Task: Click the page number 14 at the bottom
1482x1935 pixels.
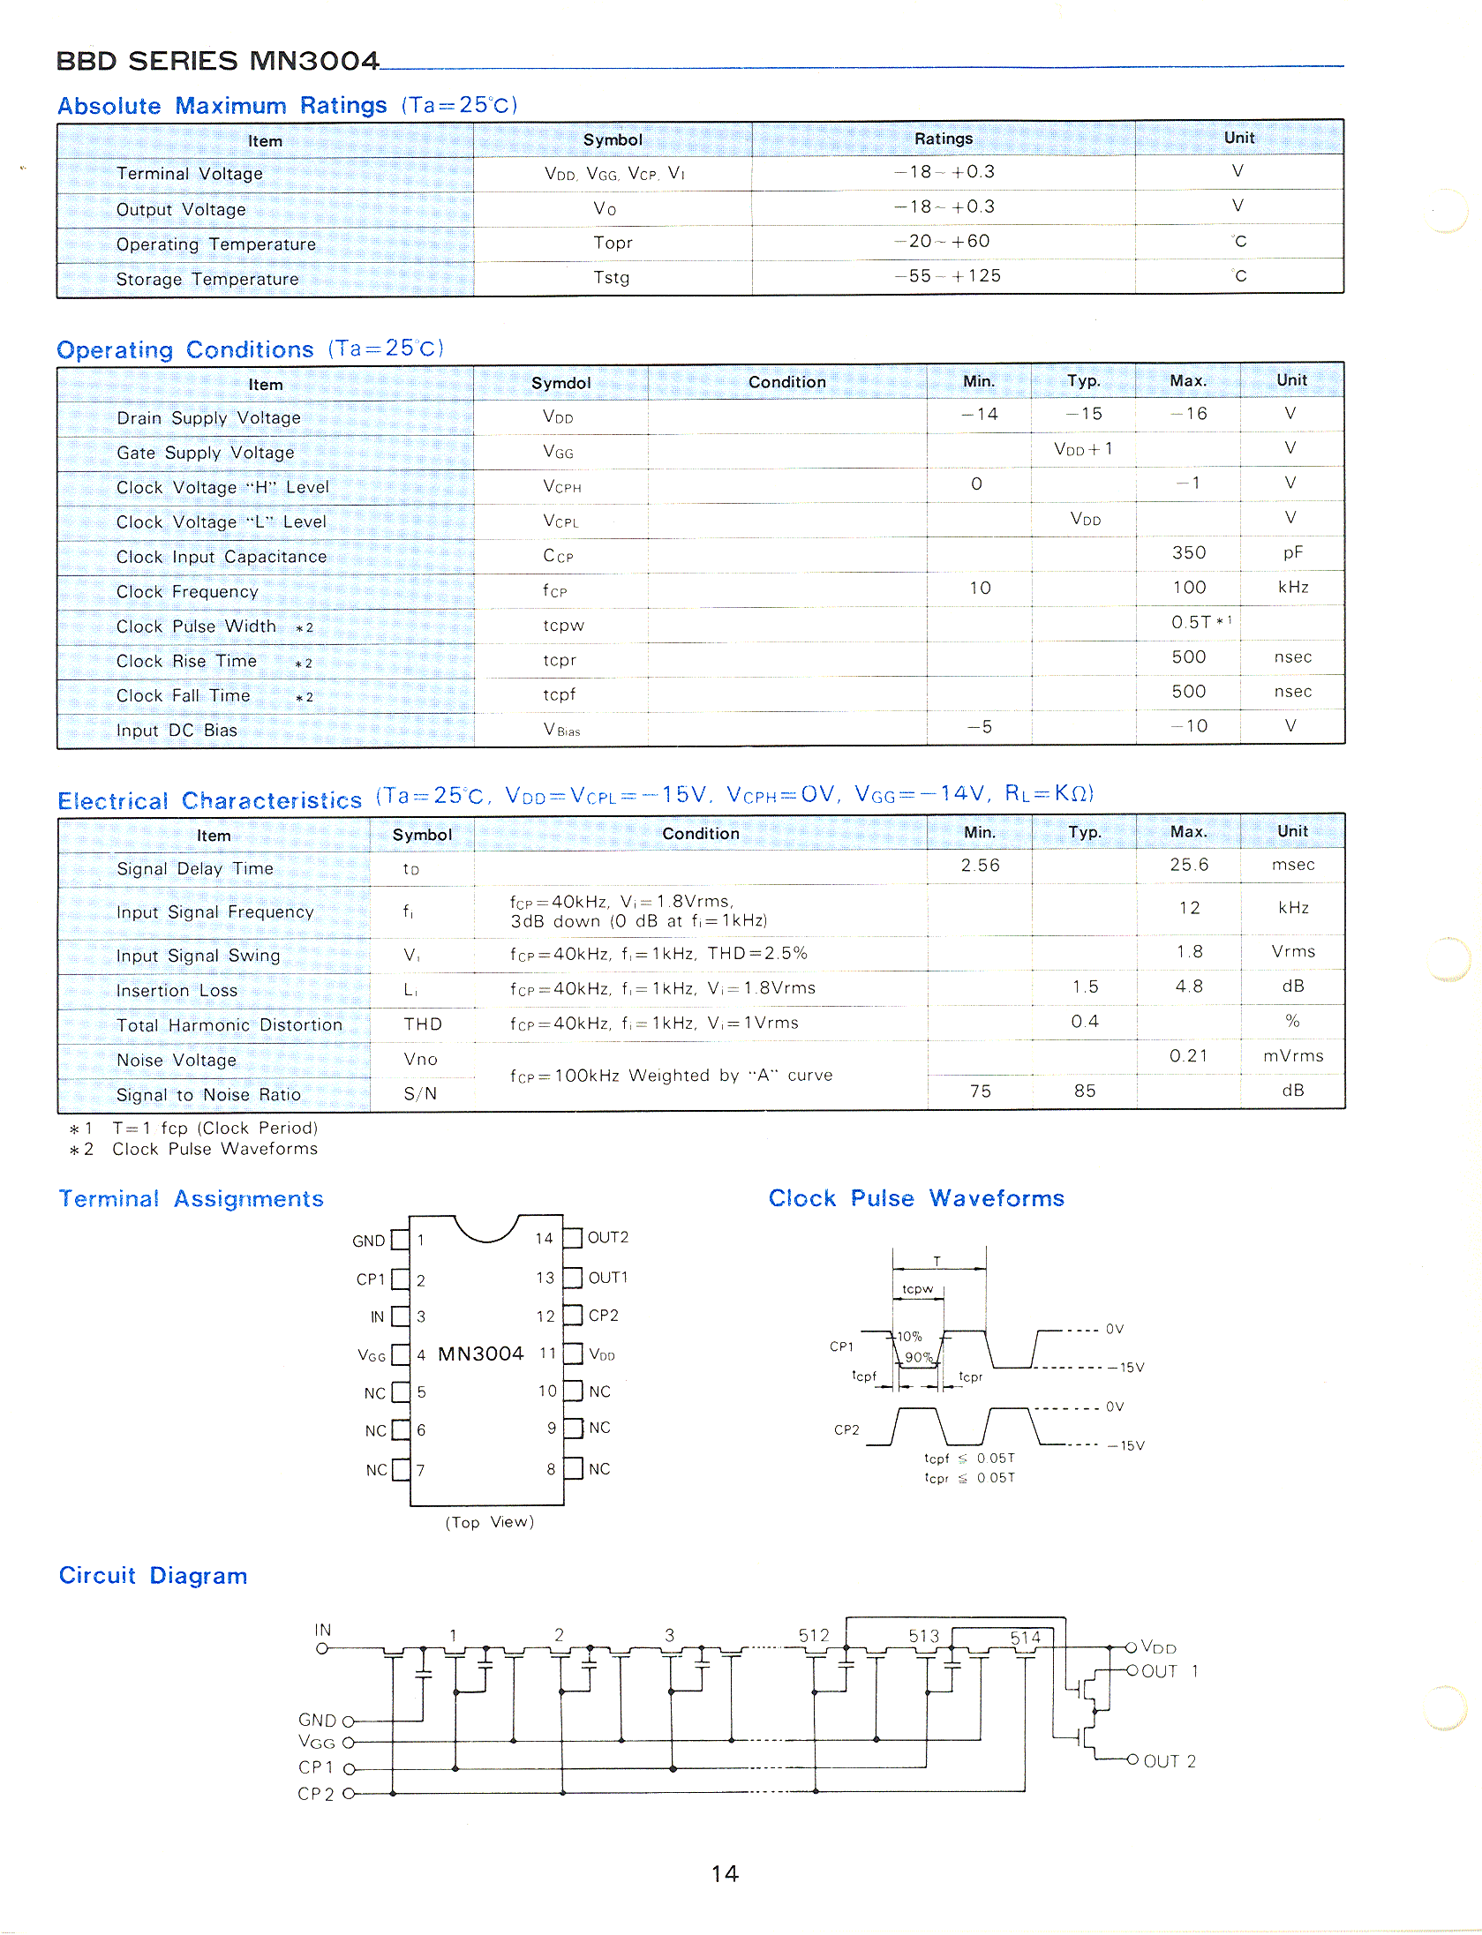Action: pos(725,1873)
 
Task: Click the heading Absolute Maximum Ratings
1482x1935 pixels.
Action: pos(222,106)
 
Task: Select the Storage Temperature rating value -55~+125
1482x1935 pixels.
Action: pos(947,276)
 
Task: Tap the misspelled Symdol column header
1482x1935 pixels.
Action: pos(560,383)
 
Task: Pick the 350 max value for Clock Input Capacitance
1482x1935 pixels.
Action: pos(1188,553)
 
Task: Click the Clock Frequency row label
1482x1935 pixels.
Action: pos(187,592)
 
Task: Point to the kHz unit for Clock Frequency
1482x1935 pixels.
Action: pos(1292,588)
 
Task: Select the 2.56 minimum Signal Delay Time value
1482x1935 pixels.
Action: pos(980,866)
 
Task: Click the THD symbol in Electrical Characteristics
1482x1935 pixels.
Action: pos(422,1024)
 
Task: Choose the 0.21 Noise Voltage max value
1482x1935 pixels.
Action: pos(1188,1056)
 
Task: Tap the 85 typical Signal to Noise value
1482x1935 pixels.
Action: pos(1084,1091)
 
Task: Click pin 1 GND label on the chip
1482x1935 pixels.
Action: pos(368,1241)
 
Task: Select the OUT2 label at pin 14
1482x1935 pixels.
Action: pos(607,1238)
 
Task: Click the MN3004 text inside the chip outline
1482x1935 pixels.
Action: pos(480,1354)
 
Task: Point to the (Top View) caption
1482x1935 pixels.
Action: pos(489,1522)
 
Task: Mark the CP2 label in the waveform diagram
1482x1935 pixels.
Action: pos(846,1430)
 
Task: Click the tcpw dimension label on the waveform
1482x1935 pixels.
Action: pos(917,1289)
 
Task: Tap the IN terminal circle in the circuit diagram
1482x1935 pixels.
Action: pos(322,1648)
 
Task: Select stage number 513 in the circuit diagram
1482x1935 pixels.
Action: pos(923,1636)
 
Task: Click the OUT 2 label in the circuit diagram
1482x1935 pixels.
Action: pos(1169,1761)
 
